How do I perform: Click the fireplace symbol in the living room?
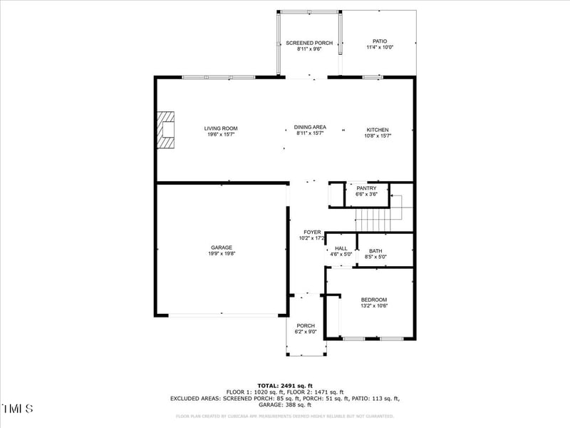pyautogui.click(x=166, y=129)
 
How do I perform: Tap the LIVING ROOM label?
pyautogui.click(x=221, y=128)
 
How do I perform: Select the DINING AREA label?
pyautogui.click(x=310, y=127)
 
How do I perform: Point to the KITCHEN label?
pyautogui.click(x=377, y=130)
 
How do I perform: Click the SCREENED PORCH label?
pyautogui.click(x=309, y=44)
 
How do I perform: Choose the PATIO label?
pyautogui.click(x=380, y=41)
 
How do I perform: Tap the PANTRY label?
pyautogui.click(x=366, y=188)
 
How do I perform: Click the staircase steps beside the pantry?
pyautogui.click(x=374, y=215)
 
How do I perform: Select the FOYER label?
pyautogui.click(x=312, y=233)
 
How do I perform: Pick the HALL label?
pyautogui.click(x=341, y=248)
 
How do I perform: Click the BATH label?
pyautogui.click(x=375, y=250)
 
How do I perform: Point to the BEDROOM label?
pyautogui.click(x=373, y=300)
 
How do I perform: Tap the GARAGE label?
pyautogui.click(x=221, y=248)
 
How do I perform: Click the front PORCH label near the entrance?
pyautogui.click(x=306, y=326)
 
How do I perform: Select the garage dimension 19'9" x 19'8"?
pyautogui.click(x=221, y=254)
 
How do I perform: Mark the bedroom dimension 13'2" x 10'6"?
pyautogui.click(x=373, y=306)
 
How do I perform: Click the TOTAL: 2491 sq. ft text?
pyautogui.click(x=285, y=385)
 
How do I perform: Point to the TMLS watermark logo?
pyautogui.click(x=17, y=409)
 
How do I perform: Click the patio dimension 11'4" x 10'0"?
pyautogui.click(x=380, y=48)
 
